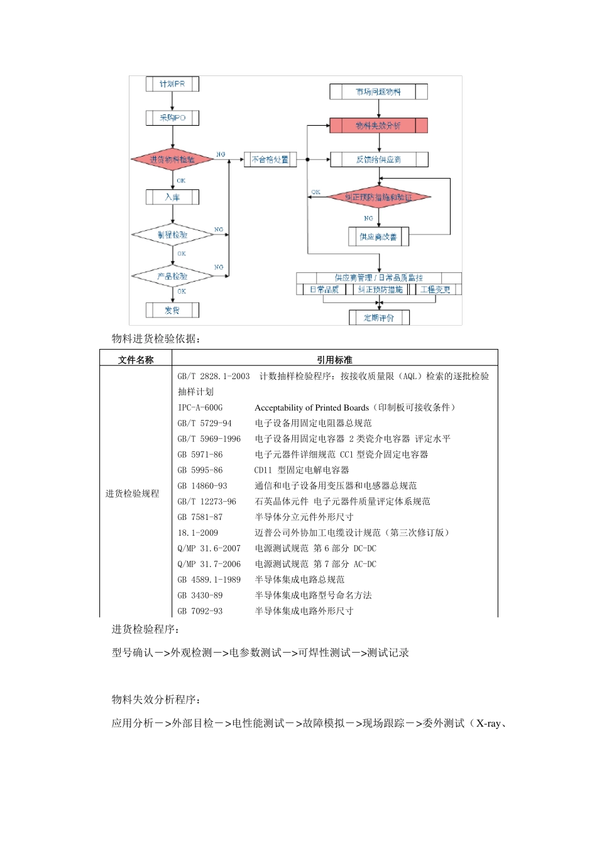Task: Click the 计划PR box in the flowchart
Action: [172, 84]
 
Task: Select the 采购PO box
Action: [172, 118]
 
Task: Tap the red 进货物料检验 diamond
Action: [172, 159]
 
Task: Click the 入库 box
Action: [172, 197]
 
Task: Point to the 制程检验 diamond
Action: [172, 235]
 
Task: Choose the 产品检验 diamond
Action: [172, 276]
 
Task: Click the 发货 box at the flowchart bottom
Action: [172, 310]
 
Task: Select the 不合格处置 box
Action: [270, 160]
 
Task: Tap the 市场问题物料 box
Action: [378, 92]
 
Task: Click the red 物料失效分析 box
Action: [378, 126]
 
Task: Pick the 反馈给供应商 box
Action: [378, 160]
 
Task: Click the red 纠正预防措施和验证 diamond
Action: [378, 197]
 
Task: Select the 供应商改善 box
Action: [378, 237]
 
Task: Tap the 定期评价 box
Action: [379, 318]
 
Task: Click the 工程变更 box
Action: [435, 290]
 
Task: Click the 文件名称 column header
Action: [136, 360]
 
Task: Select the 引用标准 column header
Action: [334, 360]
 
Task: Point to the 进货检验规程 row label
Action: [132, 494]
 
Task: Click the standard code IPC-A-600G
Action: [200, 407]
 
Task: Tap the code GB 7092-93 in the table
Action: [200, 611]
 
